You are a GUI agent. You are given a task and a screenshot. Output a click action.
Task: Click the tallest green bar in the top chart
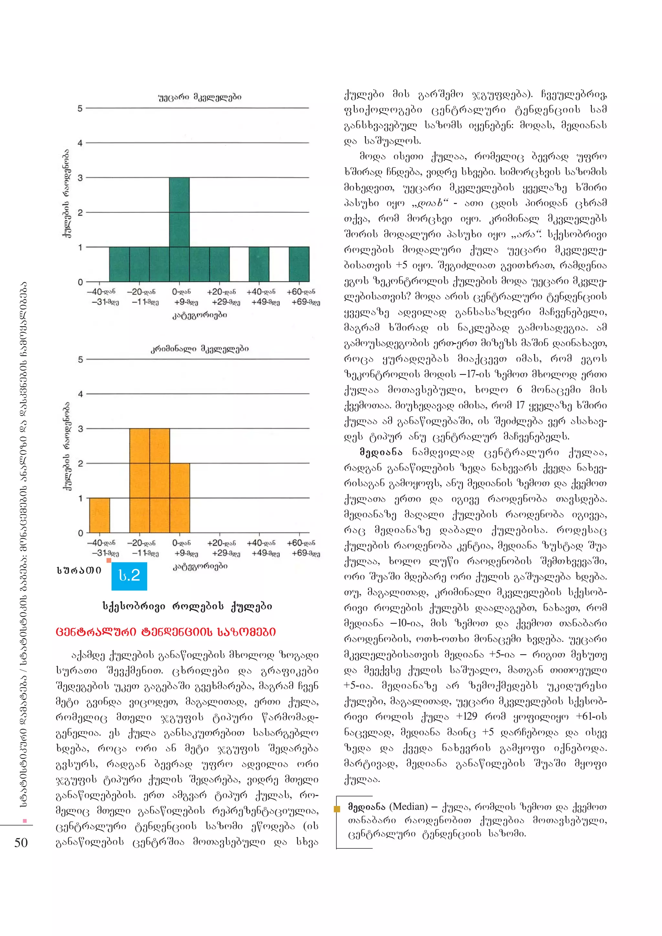[179, 212]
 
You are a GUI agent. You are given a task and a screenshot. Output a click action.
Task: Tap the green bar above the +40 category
[259, 264]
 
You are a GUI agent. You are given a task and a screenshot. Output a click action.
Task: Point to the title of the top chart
[199, 97]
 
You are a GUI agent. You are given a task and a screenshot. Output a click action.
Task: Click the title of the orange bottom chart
[199, 348]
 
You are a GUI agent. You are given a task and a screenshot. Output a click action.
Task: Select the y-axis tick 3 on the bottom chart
[80, 429]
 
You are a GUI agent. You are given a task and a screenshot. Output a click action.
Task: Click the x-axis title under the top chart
[199, 315]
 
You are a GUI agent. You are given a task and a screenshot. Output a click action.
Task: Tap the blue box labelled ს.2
[129, 576]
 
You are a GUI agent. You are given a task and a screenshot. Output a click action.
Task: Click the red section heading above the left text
[165, 632]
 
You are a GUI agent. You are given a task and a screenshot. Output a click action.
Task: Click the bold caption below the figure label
[187, 606]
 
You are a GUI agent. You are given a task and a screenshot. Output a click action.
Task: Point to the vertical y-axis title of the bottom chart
[67, 446]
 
